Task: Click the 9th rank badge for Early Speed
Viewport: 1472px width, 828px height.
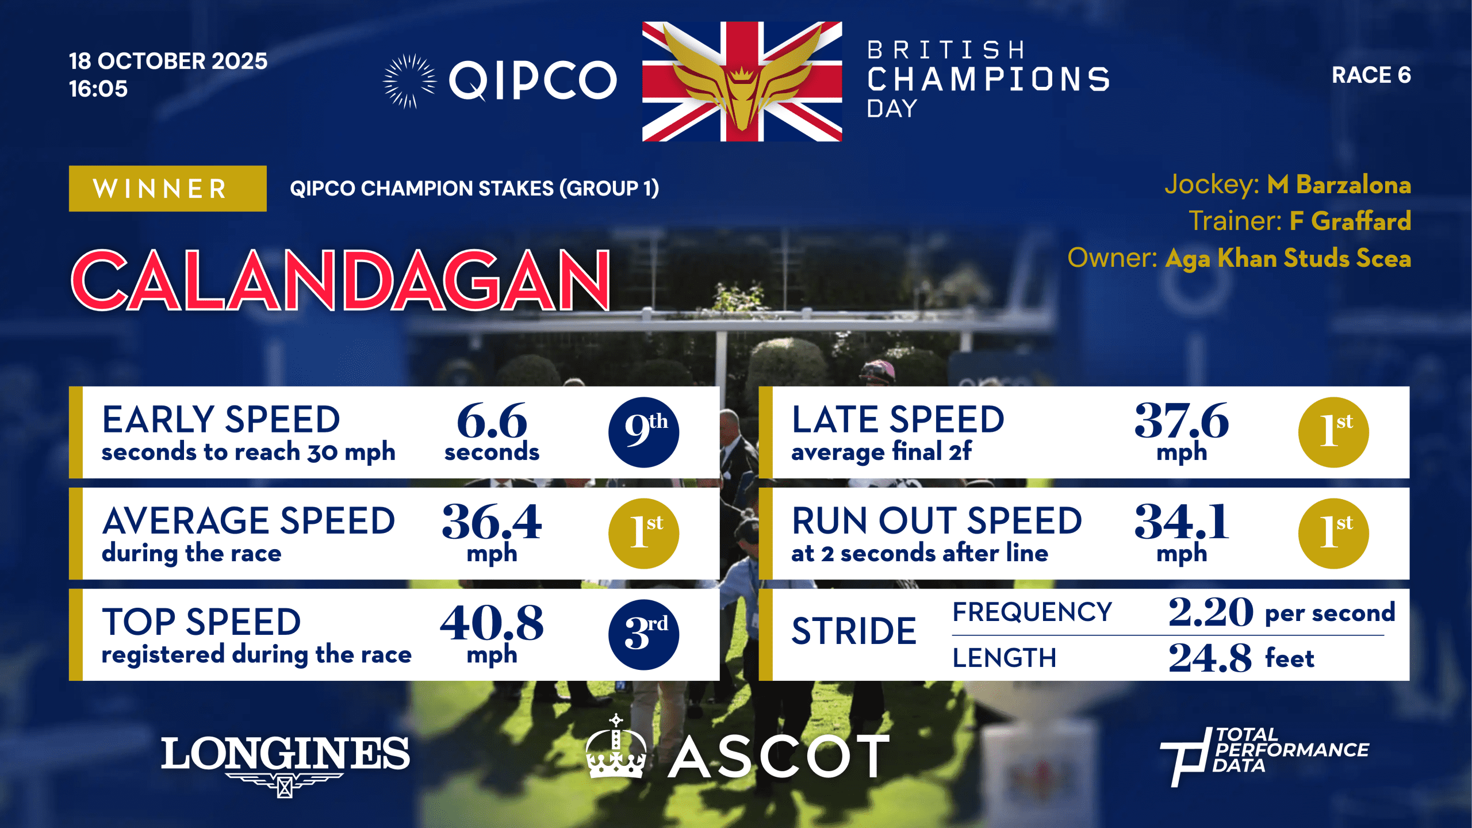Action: (643, 432)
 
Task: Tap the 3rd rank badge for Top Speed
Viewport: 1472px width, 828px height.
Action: (643, 634)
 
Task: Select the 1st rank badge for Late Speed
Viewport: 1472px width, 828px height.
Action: (1333, 432)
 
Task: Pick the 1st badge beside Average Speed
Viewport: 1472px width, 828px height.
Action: (643, 533)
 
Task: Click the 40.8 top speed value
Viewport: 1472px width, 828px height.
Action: (492, 623)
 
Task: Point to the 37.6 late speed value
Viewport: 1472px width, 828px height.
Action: (1182, 421)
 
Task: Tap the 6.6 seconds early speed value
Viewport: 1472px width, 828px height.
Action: (492, 421)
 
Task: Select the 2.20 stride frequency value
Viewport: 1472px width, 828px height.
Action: (1210, 612)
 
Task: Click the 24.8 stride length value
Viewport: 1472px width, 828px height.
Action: (1210, 658)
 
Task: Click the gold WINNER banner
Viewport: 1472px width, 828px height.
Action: (167, 189)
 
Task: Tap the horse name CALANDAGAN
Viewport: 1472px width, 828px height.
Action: (340, 281)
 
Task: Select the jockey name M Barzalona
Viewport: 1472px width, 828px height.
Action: (1339, 185)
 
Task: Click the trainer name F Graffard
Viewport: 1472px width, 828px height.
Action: (1350, 221)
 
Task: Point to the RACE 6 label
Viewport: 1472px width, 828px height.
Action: (1371, 75)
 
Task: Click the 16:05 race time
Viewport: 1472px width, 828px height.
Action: (98, 89)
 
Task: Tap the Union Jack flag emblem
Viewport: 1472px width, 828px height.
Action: (742, 81)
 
